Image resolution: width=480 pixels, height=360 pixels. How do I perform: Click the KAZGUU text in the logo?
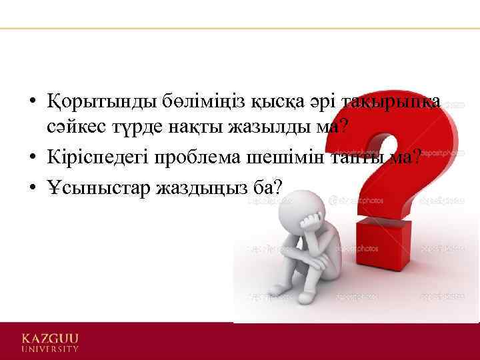click(50, 337)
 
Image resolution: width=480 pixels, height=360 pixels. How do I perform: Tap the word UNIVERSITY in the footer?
click(50, 349)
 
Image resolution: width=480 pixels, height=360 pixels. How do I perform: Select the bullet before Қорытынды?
click(32, 103)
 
